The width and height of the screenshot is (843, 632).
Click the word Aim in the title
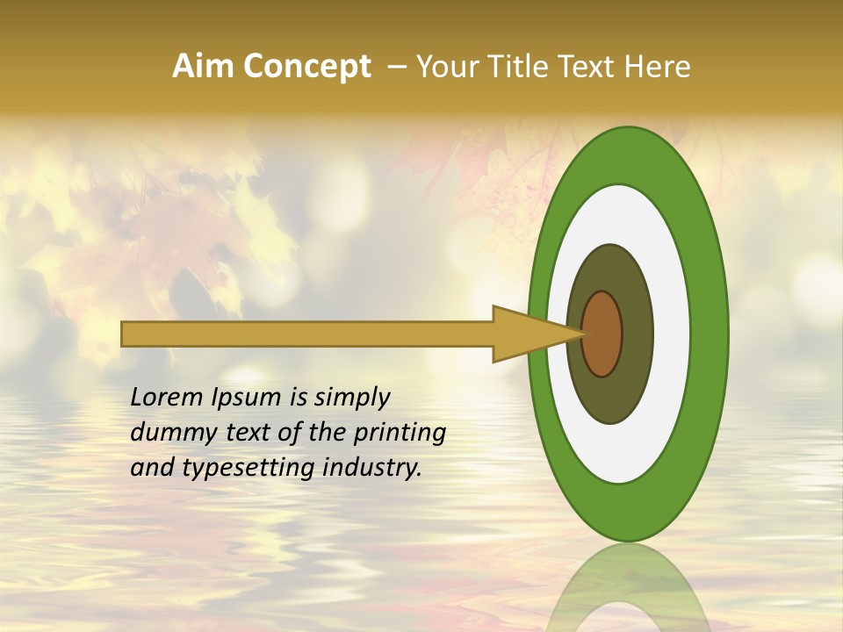(x=203, y=67)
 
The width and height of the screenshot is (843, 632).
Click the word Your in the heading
(x=445, y=67)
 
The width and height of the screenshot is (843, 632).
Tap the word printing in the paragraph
(x=400, y=433)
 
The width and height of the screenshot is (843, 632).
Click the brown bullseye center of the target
(x=602, y=334)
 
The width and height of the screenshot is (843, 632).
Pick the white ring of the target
(x=672, y=334)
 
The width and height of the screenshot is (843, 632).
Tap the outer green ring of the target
(x=710, y=334)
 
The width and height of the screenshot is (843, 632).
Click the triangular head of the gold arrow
(x=527, y=334)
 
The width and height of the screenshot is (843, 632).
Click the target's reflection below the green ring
(x=629, y=588)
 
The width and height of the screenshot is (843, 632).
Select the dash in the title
(x=396, y=67)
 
